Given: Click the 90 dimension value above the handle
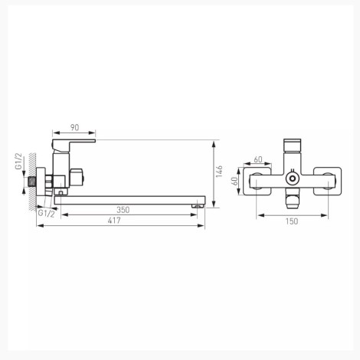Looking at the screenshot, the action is point(74,127).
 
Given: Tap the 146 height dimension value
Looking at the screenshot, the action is point(219,172).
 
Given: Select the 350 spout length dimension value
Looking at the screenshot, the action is point(123,210).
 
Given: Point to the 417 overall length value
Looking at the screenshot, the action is point(114,221).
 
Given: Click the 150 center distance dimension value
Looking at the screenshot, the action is point(292,221).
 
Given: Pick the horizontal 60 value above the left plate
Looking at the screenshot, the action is point(258,159).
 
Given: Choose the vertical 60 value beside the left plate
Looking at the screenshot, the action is point(235,181).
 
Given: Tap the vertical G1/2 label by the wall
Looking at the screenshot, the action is point(19,162).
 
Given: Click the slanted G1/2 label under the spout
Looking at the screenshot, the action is point(46,213).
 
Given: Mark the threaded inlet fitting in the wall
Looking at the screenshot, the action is point(31,182).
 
